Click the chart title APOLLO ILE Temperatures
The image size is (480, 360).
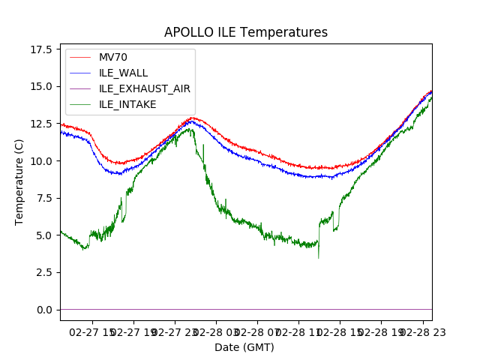click(246, 33)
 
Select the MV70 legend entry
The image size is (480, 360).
click(113, 57)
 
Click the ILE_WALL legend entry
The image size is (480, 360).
click(123, 73)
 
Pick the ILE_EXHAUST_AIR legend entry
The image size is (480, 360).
click(144, 88)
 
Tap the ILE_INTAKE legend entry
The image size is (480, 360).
click(127, 104)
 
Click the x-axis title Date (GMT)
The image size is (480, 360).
click(244, 347)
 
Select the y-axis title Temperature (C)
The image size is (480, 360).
click(19, 181)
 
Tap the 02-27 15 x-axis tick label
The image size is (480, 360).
click(93, 331)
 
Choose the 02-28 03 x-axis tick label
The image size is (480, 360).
click(216, 331)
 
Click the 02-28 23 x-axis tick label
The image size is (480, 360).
click(421, 331)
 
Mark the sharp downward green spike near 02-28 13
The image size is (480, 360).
click(318, 257)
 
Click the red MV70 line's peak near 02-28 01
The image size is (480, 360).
click(193, 118)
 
